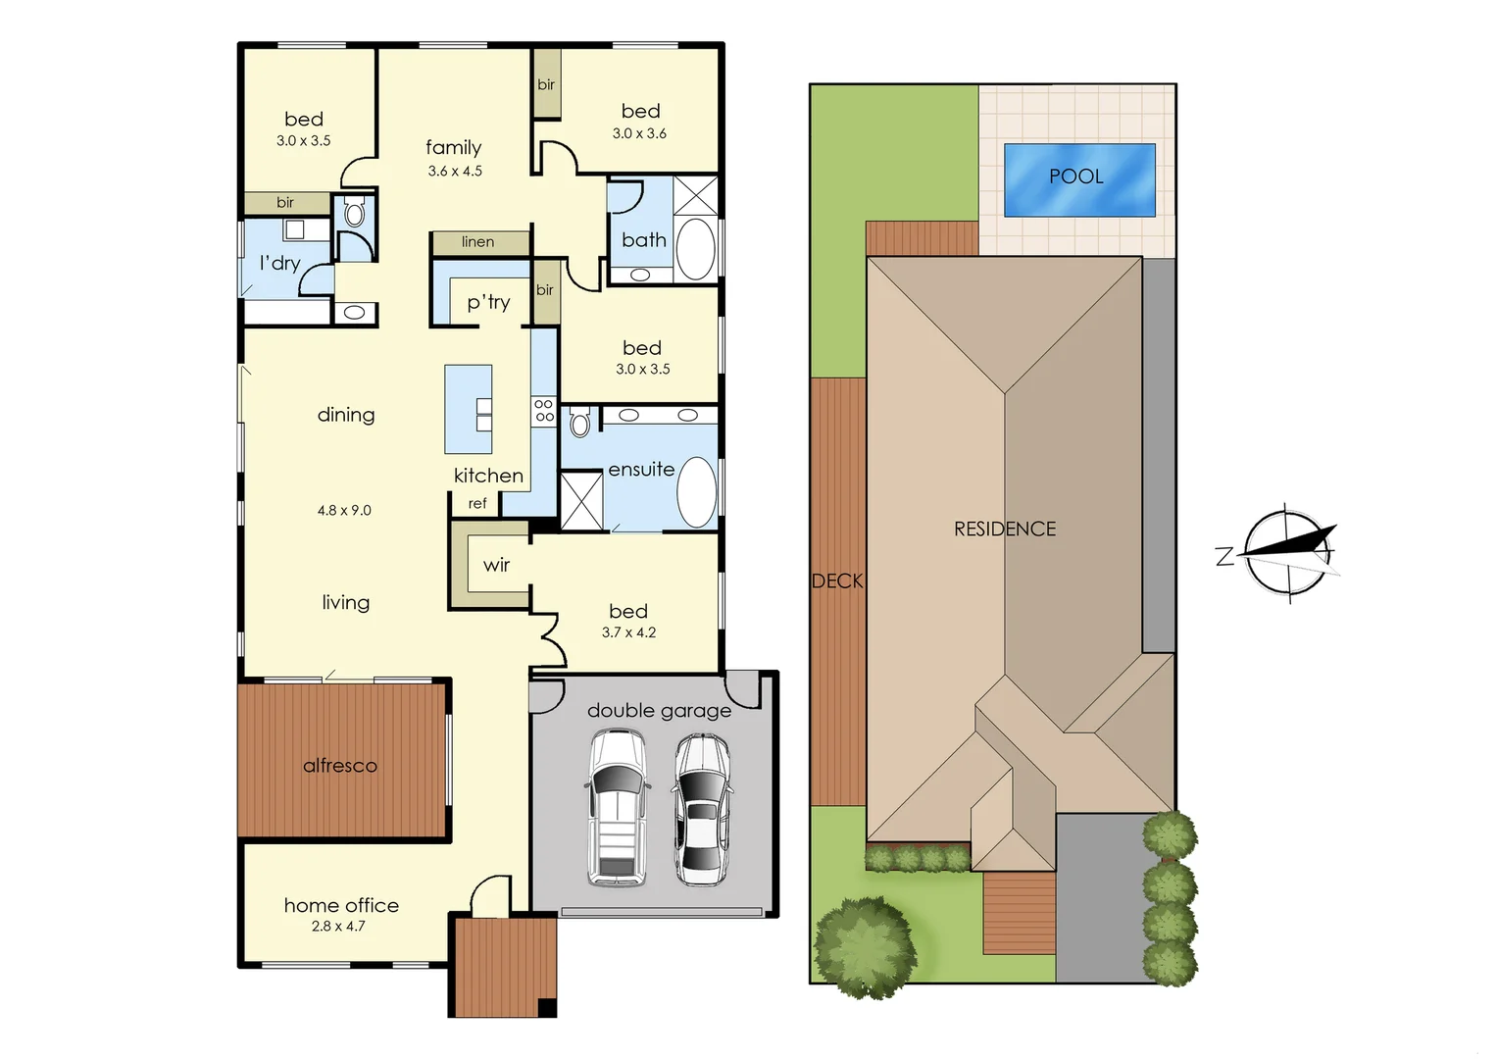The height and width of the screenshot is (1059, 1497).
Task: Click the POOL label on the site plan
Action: (1075, 176)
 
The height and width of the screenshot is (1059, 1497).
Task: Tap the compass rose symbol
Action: (1287, 553)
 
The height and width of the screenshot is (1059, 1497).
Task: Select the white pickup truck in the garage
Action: (616, 808)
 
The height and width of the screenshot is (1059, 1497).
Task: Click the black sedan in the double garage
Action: (701, 810)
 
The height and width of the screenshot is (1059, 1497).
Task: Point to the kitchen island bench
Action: (468, 409)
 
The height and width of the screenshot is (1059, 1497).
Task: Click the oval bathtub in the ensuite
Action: (697, 492)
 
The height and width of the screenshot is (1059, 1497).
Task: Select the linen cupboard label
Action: (478, 242)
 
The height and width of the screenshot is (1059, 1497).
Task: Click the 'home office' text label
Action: (341, 905)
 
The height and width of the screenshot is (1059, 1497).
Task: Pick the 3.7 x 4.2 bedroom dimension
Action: (628, 632)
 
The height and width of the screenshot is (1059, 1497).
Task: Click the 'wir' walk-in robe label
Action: (496, 565)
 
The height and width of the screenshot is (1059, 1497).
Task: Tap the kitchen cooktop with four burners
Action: (543, 411)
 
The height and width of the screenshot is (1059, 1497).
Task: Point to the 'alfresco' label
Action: (339, 766)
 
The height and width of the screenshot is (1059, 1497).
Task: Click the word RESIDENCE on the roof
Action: (1005, 529)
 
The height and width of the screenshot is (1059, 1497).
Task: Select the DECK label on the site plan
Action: (837, 581)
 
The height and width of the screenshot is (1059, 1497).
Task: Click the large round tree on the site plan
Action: (865, 946)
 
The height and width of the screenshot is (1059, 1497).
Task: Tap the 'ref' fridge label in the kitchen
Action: (477, 504)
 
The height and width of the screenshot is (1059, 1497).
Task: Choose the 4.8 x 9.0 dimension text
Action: (344, 511)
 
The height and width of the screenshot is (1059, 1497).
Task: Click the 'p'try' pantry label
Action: (488, 302)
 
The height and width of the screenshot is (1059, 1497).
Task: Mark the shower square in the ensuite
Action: (580, 501)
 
